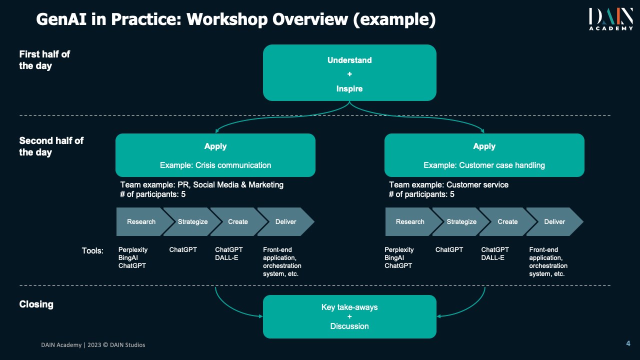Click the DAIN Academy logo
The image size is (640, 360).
610,19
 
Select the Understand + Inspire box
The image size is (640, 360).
349,73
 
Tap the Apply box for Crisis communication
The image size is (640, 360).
215,155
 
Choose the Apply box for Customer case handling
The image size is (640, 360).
484,155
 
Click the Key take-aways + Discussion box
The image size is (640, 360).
349,316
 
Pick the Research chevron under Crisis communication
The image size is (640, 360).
140,221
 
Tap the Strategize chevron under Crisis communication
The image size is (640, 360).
192,221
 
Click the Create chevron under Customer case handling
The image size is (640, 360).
507,221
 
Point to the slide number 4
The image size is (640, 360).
628,343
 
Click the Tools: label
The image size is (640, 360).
92,250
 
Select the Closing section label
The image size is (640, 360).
36,304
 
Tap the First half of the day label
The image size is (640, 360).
44,60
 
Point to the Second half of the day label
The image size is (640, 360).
51,146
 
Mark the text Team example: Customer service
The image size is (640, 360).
448,184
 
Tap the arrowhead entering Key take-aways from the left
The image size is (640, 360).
260,316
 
